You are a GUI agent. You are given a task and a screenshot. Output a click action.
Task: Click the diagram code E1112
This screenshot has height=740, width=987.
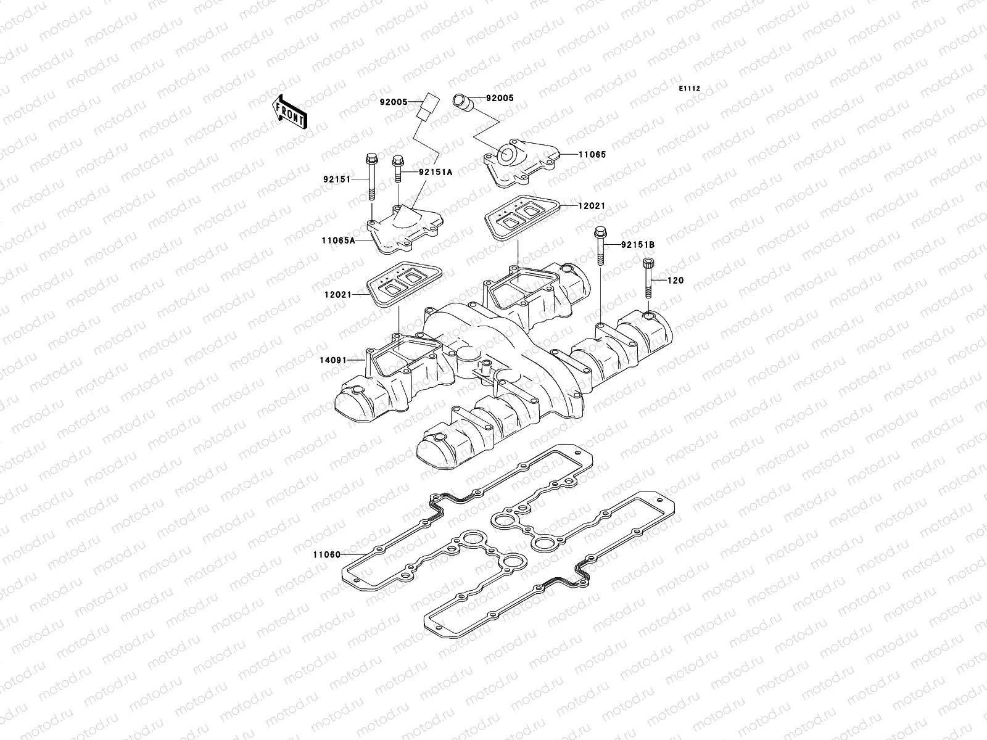pos(690,89)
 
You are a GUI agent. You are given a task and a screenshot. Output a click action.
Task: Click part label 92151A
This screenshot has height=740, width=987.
pos(435,173)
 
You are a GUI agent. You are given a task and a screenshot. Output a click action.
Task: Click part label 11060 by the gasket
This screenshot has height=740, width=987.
pos(327,554)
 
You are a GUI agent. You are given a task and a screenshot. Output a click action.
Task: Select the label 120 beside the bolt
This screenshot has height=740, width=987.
pos(676,281)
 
